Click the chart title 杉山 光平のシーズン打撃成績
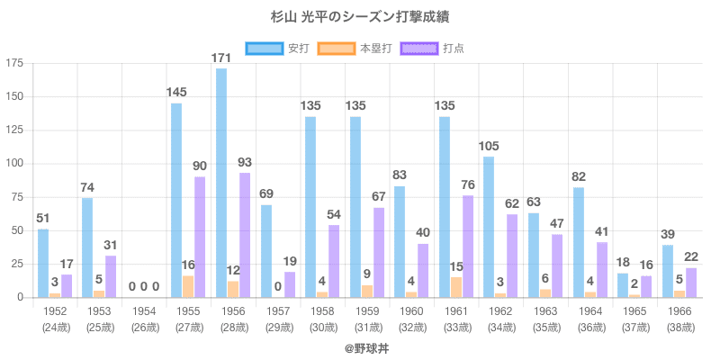coord(359,18)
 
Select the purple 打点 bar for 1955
coord(200,237)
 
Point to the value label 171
coord(221,58)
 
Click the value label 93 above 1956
coord(245,163)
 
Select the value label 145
coord(176,93)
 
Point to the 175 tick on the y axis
coord(14,63)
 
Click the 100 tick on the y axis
coord(14,164)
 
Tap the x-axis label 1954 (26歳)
coord(144,319)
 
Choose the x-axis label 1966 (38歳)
coord(679,319)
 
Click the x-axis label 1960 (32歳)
coord(411,319)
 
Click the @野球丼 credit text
coord(359,347)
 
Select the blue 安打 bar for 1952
coord(43,263)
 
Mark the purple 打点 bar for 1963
coord(556,265)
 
